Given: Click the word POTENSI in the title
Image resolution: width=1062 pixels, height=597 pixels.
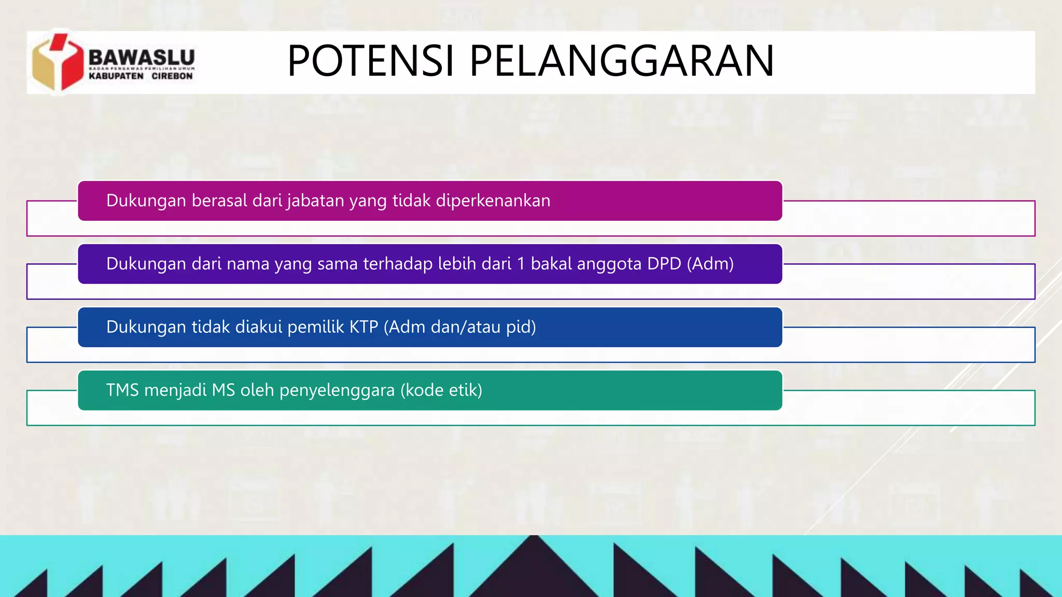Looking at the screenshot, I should tap(371, 61).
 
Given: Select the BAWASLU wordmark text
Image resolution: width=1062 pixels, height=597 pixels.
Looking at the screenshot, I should tap(142, 56).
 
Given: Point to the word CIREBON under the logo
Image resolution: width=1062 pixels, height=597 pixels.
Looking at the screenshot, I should tap(172, 76).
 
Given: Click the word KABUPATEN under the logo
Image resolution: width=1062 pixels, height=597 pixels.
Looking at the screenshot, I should tap(116, 76).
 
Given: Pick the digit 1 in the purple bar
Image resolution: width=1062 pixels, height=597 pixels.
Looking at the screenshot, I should tap(521, 264).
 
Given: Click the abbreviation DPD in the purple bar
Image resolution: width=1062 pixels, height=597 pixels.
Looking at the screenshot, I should tap(664, 264).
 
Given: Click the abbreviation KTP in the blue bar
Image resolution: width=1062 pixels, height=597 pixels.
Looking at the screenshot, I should tap(364, 328).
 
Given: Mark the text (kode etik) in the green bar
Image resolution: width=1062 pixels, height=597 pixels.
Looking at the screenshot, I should tap(441, 390).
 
